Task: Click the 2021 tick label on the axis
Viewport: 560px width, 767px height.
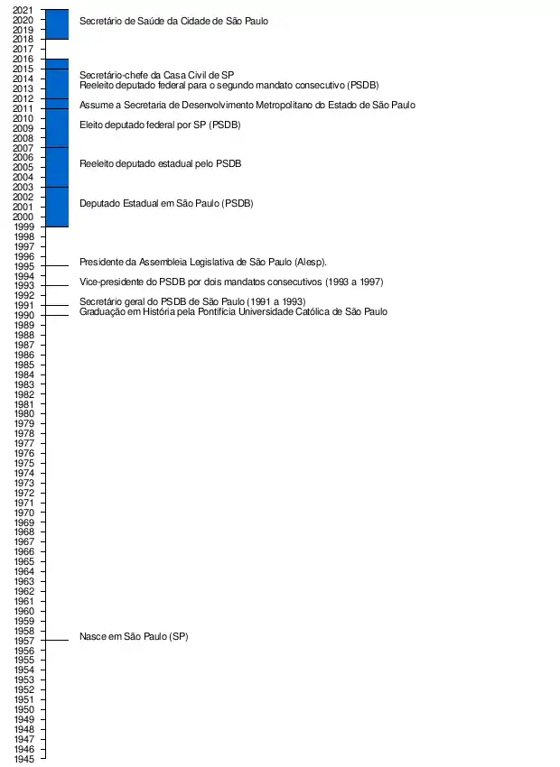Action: pyautogui.click(x=24, y=10)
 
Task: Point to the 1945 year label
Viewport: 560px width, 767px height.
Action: pyautogui.click(x=24, y=759)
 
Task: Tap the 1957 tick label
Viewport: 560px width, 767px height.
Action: pyautogui.click(x=24, y=641)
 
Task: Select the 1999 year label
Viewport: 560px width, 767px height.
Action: pyautogui.click(x=24, y=226)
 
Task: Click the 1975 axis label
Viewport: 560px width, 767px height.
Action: pyautogui.click(x=24, y=463)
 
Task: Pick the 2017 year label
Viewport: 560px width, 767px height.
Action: pyautogui.click(x=24, y=49)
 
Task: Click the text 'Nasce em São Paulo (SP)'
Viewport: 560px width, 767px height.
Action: pyautogui.click(x=134, y=637)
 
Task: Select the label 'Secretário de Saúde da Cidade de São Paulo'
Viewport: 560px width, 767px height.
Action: pyautogui.click(x=173, y=20)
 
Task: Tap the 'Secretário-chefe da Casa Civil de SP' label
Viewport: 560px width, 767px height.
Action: pyautogui.click(x=157, y=75)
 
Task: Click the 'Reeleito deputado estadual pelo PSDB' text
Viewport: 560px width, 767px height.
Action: pyautogui.click(x=160, y=163)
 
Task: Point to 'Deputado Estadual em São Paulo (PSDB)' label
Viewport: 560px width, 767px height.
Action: pyautogui.click(x=166, y=203)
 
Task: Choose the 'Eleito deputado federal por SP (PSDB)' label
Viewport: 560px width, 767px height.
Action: pyautogui.click(x=160, y=125)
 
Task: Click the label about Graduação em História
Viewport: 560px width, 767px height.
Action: pyautogui.click(x=233, y=311)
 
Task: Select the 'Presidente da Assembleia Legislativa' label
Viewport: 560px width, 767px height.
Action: pyautogui.click(x=202, y=262)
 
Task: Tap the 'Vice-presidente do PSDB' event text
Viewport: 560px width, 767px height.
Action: pyautogui.click(x=231, y=282)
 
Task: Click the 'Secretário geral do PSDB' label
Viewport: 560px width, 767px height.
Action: pyautogui.click(x=192, y=301)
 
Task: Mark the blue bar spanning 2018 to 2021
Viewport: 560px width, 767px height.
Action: pyautogui.click(x=57, y=24)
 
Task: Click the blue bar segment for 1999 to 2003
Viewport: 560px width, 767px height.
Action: pyautogui.click(x=57, y=207)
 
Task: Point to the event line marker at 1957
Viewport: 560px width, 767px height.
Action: pyautogui.click(x=57, y=641)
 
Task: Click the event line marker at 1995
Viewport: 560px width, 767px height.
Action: pyautogui.click(x=57, y=265)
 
